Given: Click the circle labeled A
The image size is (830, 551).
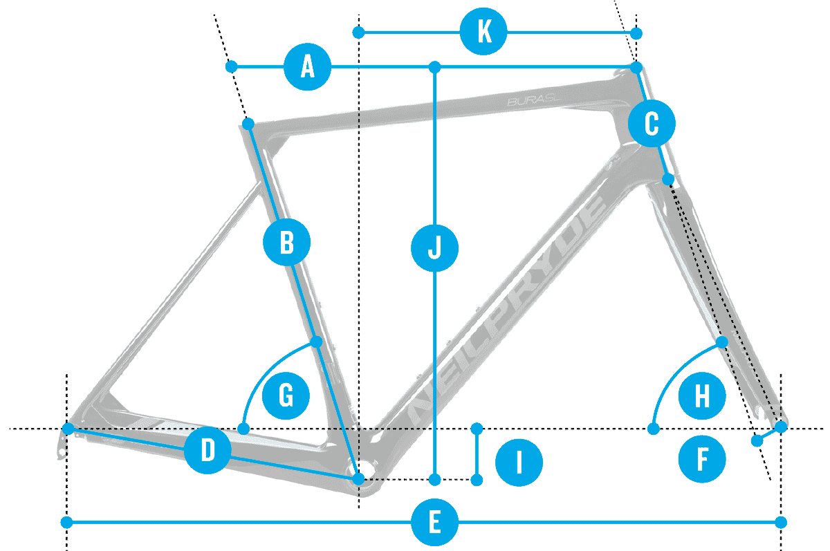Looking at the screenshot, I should (307, 67).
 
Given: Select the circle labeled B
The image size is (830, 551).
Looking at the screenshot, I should (287, 243).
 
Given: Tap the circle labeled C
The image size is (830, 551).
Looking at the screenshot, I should (652, 124).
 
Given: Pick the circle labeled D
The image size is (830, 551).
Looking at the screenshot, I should (207, 451).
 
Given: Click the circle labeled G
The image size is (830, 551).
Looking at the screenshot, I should (286, 397).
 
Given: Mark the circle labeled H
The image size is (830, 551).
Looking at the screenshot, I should (701, 397).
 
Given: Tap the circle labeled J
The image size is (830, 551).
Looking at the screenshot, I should (434, 247).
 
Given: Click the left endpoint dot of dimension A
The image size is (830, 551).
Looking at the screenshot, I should (232, 66).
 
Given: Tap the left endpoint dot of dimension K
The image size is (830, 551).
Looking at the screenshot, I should (358, 32).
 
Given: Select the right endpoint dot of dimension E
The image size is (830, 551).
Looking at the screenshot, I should (781, 521).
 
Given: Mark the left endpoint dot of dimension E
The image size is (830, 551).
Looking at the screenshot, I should (67, 521).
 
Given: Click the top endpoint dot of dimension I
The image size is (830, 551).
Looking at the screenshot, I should (477, 429).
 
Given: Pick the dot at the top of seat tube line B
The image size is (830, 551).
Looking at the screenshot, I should (249, 124).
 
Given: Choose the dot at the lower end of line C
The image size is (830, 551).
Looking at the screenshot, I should (668, 179).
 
